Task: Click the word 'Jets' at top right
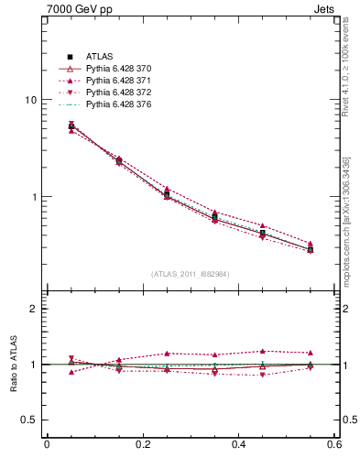[x=327, y=9]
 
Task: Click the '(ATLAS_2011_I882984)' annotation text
[x=191, y=274]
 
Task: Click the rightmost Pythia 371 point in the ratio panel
[x=310, y=353]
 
